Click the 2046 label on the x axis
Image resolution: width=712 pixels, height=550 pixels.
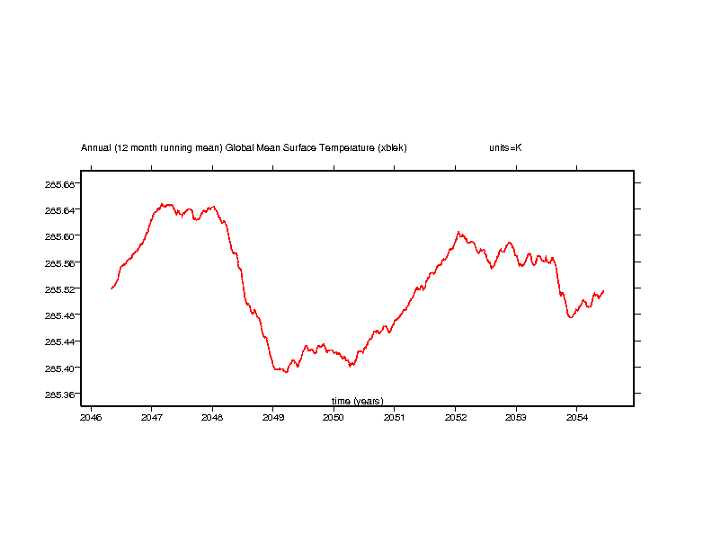click(91, 417)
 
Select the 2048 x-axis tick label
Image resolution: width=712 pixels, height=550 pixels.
click(212, 417)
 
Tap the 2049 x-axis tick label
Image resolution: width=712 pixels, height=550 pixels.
click(273, 417)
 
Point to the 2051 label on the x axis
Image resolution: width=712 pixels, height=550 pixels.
click(395, 417)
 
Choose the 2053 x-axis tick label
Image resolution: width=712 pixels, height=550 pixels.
click(516, 417)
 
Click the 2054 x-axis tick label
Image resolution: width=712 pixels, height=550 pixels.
click(576, 417)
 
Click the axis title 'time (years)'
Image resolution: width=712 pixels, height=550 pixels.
click(357, 401)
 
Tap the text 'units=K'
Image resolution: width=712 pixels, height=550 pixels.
click(505, 147)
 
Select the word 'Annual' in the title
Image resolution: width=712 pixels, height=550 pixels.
click(95, 147)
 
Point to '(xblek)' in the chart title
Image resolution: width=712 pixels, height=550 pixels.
click(393, 147)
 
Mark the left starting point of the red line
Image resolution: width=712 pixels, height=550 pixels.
click(111, 288)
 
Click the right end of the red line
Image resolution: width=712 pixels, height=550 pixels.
click(603, 291)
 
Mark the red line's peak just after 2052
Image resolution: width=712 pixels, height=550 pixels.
click(458, 232)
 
